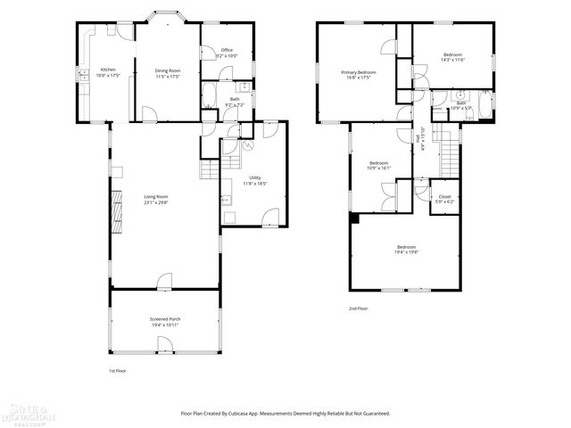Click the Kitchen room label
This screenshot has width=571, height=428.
[108, 70]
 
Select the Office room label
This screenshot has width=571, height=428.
[227, 50]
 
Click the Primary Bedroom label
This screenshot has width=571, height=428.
[358, 72]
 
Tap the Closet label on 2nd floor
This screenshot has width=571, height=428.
[444, 197]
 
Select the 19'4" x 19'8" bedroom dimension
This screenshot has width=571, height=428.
[406, 252]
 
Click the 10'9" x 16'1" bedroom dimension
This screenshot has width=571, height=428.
[379, 168]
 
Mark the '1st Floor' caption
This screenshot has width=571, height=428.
[118, 370]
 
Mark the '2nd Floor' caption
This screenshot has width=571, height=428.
[358, 309]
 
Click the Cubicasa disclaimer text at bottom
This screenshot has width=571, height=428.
[285, 413]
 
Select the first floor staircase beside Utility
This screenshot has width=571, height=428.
[209, 169]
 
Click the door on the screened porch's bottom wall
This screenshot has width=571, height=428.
[164, 351]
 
